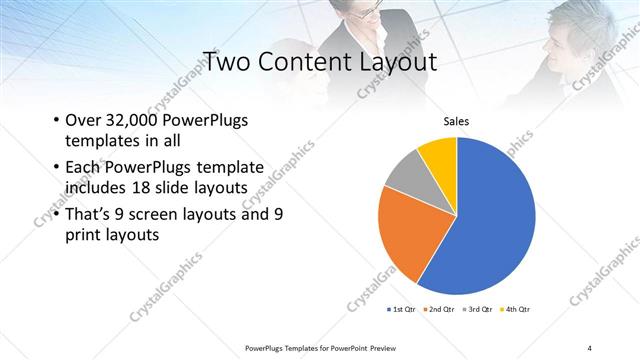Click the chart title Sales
click(456, 122)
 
